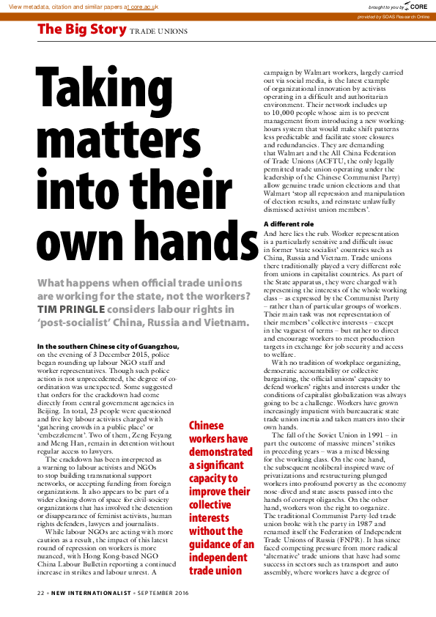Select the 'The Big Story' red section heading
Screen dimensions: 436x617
click(x=81, y=30)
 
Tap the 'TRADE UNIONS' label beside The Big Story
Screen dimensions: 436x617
click(x=159, y=32)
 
